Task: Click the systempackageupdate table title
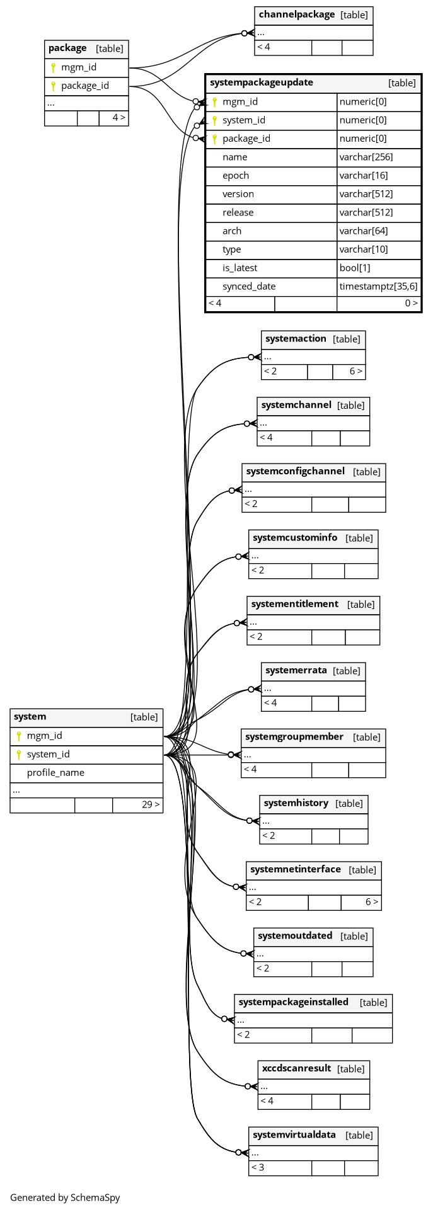tap(262, 83)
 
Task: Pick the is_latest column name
tap(240, 268)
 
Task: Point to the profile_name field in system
tap(55, 772)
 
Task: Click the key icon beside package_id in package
tap(53, 86)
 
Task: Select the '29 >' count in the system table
tap(151, 804)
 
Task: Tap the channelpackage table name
tap(296, 14)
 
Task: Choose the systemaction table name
tap(296, 339)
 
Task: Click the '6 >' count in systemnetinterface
tap(372, 902)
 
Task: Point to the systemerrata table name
tap(296, 670)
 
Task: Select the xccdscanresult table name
tap(296, 1068)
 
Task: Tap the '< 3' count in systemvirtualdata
tap(257, 1167)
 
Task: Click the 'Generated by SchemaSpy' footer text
tap(65, 1197)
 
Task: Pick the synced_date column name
tap(249, 286)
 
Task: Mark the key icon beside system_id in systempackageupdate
tap(214, 120)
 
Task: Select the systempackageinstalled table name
tap(293, 1002)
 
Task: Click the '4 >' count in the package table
tap(118, 117)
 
